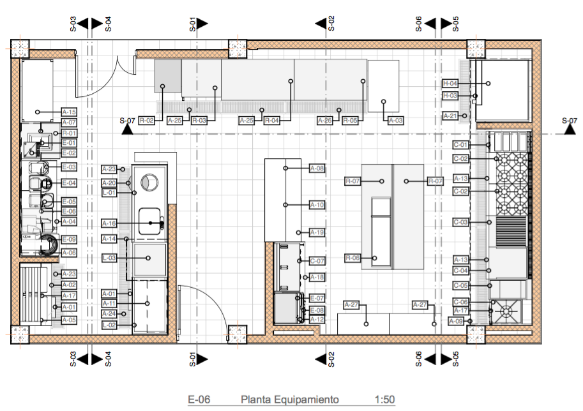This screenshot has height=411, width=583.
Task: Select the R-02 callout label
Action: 147,120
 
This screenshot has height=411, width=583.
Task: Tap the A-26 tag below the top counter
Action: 325,120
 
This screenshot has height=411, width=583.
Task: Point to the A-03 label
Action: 395,120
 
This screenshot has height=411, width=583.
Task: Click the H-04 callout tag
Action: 450,84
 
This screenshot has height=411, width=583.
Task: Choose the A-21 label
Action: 450,116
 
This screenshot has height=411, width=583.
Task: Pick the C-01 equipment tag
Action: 461,145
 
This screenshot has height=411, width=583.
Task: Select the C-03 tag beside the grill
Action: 461,222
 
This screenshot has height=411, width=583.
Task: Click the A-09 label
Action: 455,321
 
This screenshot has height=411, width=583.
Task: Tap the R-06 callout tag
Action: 353,258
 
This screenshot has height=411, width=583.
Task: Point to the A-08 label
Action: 317,168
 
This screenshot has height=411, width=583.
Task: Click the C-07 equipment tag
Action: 317,261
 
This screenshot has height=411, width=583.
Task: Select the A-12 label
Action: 317,319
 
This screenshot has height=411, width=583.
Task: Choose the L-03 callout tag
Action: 109,258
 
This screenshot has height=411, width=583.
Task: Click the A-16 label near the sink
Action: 109,223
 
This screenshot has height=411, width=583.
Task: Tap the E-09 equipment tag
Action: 69,239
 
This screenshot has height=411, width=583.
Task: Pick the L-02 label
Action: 109,325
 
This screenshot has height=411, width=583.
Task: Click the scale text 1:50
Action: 385,400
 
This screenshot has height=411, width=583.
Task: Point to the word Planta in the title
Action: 255,400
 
